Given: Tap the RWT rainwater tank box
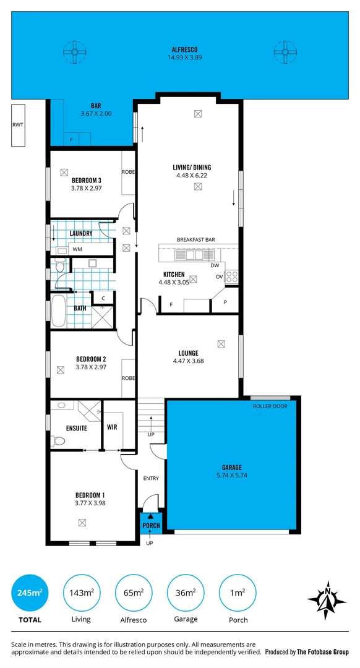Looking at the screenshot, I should [19, 126].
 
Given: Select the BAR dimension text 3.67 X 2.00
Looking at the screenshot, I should [96, 114].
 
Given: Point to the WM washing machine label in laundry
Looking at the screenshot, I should [77, 249].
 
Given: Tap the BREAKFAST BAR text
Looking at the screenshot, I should [195, 239].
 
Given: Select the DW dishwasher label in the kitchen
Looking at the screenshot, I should [215, 265].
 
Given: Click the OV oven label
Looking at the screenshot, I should [219, 276].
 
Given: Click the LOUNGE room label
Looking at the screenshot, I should [186, 353].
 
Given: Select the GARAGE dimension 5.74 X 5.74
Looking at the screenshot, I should [232, 476].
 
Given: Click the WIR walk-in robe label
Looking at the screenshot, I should [113, 427].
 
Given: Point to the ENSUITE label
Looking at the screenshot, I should [76, 428].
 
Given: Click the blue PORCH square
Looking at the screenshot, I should [152, 522].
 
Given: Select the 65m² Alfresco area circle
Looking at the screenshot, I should [134, 593].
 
